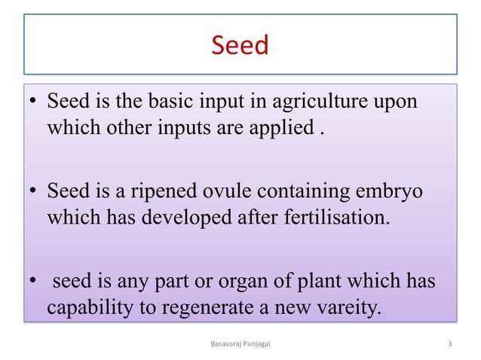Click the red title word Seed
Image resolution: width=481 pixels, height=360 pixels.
pos(240,45)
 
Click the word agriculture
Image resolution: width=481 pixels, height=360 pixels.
pos(326,101)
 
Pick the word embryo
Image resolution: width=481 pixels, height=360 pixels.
pos(388,192)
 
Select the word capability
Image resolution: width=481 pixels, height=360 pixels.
pos(85,309)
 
